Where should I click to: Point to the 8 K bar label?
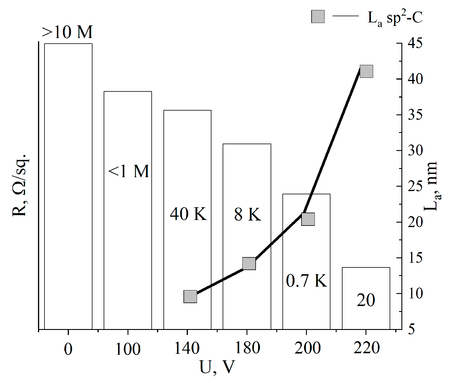tap(247, 214)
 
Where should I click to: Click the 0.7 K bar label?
tap(307, 280)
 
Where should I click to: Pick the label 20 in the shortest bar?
tap(366, 300)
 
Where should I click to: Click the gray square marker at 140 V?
tap(190, 296)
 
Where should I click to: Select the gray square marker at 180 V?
tap(249, 263)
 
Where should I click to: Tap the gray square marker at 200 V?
tap(308, 219)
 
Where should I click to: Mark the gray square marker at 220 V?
tap(366, 71)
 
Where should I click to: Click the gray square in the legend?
tap(318, 17)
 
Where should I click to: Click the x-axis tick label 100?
tap(128, 349)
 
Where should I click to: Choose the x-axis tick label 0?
tap(68, 349)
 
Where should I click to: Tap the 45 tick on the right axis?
tap(415, 43)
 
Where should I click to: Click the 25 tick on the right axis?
tap(415, 186)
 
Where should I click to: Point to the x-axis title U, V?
tap(217, 367)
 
